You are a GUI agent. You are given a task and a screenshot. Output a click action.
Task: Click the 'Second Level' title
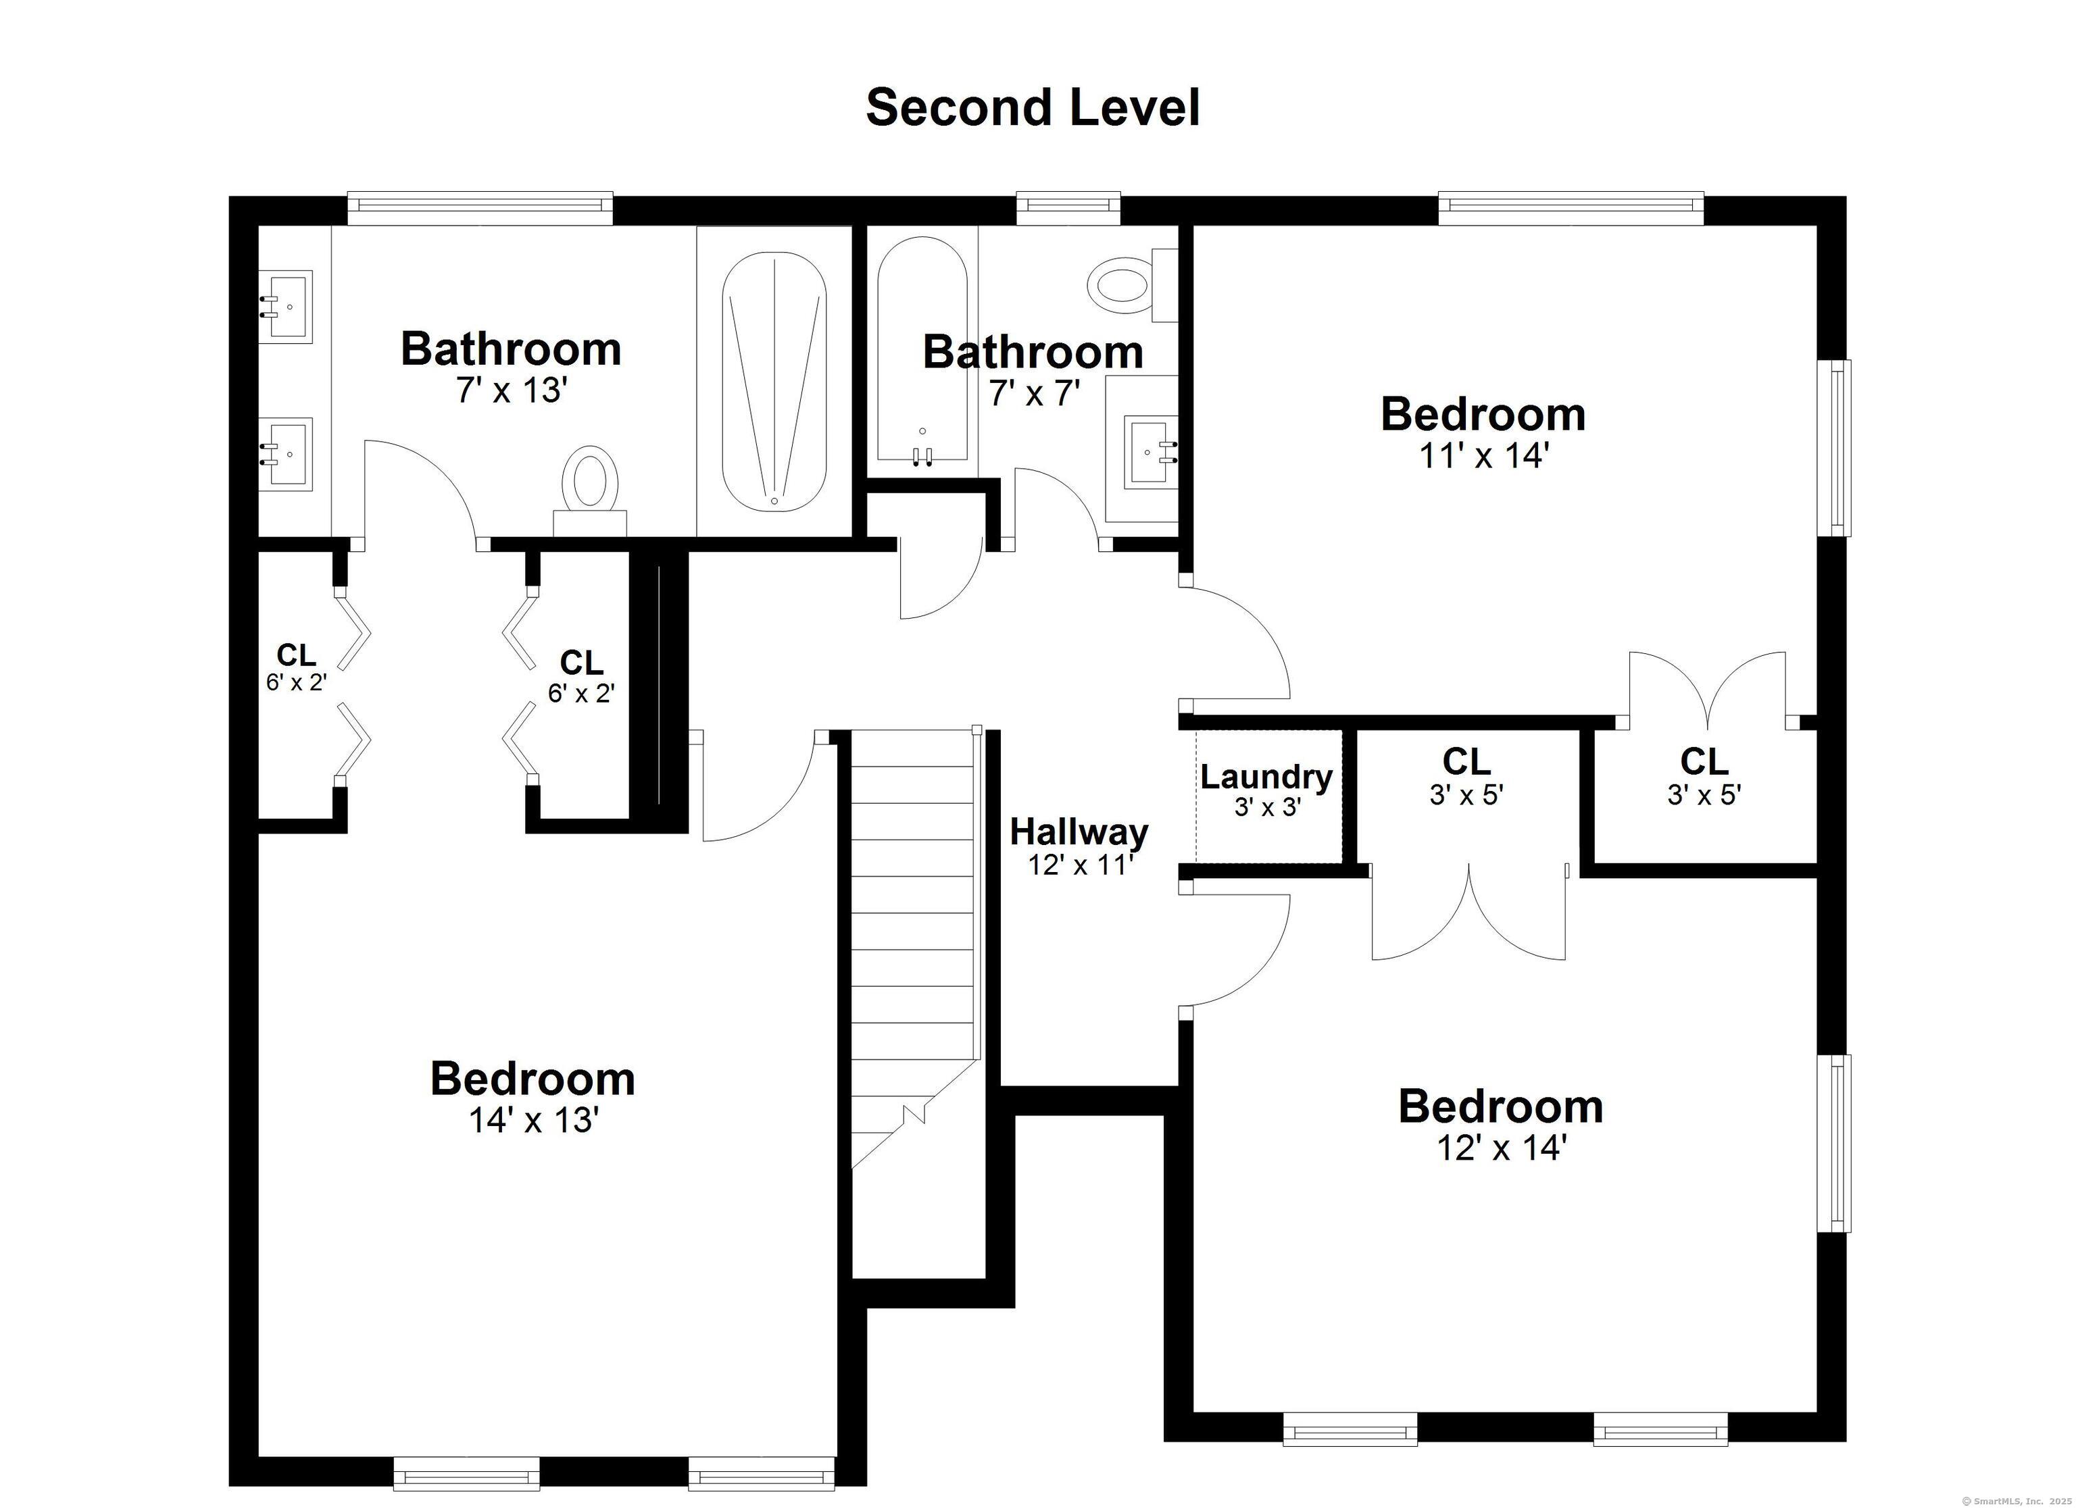pos(1033,108)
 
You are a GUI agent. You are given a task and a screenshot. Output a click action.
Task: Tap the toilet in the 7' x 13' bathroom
pos(591,492)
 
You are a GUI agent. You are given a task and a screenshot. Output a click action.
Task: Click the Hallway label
pos(1079,833)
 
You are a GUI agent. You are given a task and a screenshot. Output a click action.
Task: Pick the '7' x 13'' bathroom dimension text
pos(513,390)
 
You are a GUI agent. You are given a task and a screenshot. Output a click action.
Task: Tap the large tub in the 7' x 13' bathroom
pos(774,382)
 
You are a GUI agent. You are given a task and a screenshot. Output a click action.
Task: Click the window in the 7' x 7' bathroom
pos(1068,208)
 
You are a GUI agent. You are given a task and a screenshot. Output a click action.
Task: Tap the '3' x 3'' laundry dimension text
pos(1268,807)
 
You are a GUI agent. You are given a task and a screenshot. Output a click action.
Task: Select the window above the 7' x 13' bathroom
pos(480,208)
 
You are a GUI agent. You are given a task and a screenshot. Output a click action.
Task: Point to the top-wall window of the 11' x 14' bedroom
pos(1571,208)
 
